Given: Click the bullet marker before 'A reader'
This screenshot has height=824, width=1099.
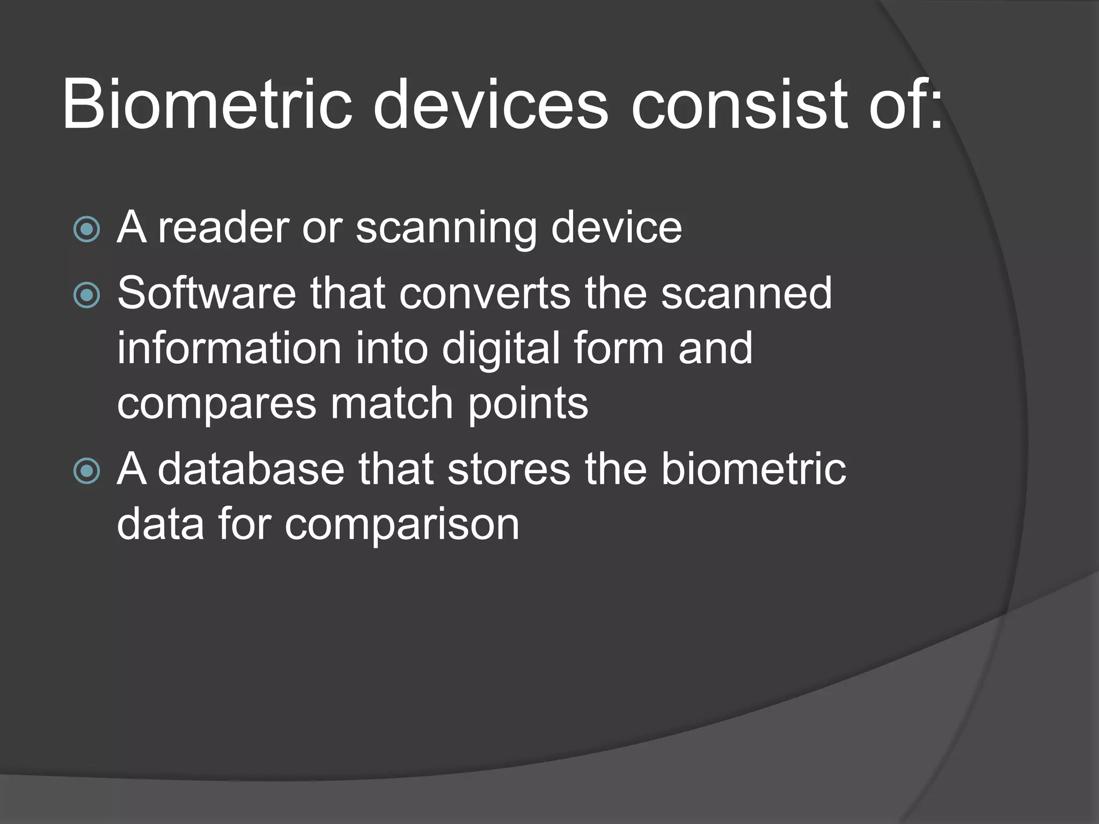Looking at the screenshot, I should [87, 230].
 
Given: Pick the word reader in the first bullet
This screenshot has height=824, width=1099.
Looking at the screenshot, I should [223, 227].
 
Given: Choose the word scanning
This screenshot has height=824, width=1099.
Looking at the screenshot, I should [446, 229].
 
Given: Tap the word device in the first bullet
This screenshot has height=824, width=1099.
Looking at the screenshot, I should [617, 227].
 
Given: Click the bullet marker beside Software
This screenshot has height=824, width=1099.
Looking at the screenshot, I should [87, 295].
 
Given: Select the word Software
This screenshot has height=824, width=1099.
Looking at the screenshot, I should [207, 293].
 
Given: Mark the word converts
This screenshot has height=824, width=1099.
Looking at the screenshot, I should [485, 293].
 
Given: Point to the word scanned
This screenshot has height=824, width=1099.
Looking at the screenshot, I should [746, 293].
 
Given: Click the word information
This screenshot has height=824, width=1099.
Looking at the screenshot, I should [229, 349].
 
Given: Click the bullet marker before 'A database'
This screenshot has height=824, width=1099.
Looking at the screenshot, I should [87, 471].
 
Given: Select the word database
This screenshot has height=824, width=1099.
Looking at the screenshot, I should [251, 469].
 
